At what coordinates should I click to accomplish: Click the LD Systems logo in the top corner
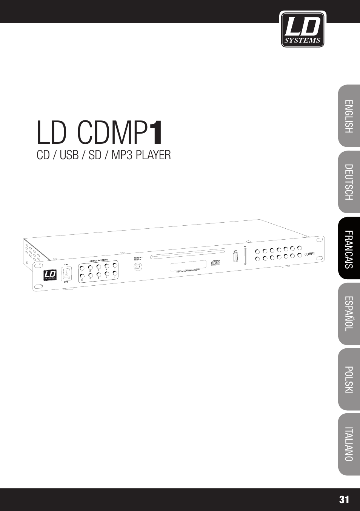tap(302, 29)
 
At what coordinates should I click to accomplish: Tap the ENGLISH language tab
tap(349, 116)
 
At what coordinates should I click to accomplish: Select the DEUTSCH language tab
tap(349, 182)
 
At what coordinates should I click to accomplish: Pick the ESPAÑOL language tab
tap(349, 314)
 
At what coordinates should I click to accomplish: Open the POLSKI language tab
tap(349, 379)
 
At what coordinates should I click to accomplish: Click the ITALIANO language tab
tap(349, 444)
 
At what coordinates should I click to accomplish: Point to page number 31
tap(344, 500)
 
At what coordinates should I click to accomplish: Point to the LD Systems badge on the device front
tap(50, 275)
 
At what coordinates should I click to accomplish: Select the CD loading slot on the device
tap(188, 253)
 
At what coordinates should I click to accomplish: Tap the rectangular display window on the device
tap(188, 266)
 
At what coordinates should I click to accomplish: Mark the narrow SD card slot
tap(245, 256)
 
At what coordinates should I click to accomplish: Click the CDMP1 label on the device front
tap(309, 254)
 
